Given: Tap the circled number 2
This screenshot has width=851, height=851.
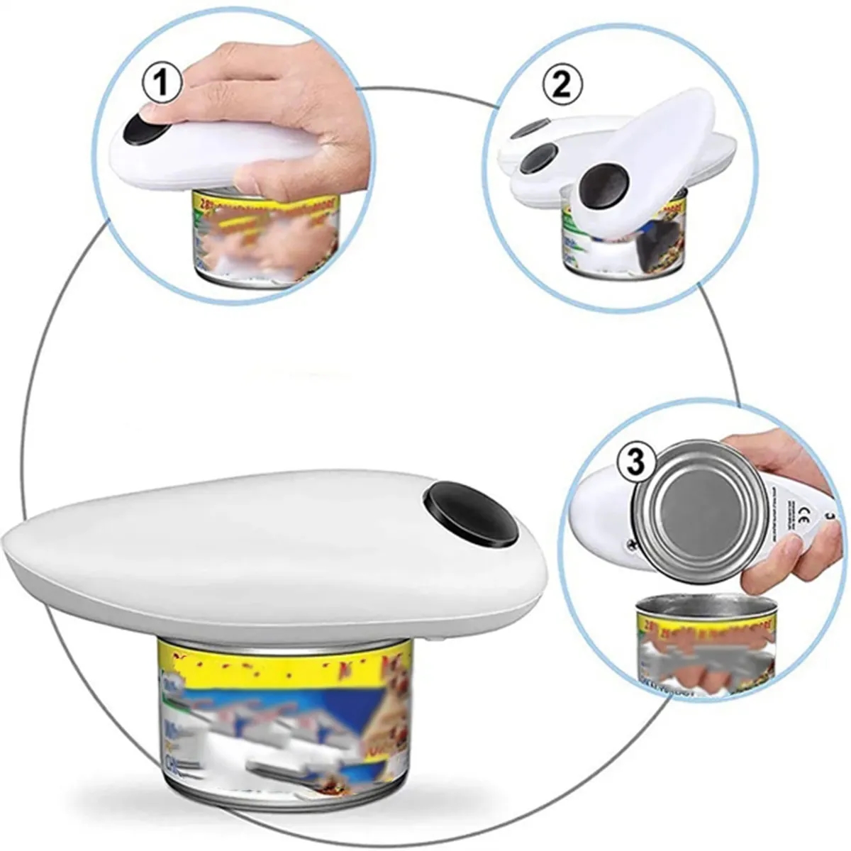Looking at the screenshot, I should click(562, 85).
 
